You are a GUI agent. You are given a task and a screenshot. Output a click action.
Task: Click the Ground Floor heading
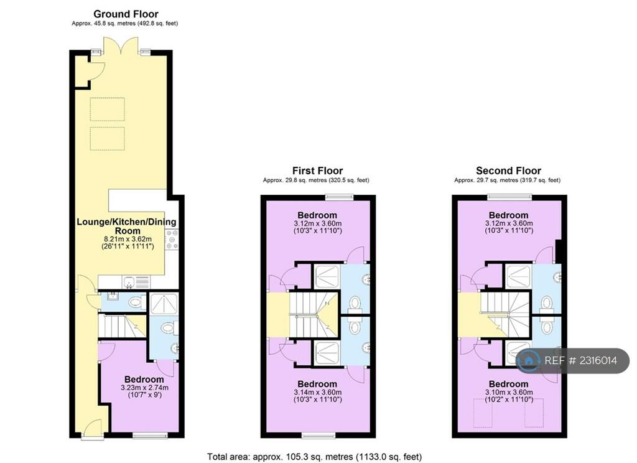[x=126, y=14]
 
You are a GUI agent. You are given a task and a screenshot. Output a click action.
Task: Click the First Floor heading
[x=318, y=171]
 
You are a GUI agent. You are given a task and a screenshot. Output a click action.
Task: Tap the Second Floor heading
[x=509, y=171]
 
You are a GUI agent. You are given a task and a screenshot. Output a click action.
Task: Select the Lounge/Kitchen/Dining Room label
[x=126, y=226]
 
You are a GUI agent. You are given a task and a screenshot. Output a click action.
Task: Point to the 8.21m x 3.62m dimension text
[x=128, y=239]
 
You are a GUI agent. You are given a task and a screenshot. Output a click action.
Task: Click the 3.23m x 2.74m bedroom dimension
[x=144, y=388]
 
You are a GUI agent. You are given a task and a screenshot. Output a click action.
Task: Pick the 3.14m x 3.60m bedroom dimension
[x=318, y=392]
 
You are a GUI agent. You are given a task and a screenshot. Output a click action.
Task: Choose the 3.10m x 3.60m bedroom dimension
[x=509, y=392]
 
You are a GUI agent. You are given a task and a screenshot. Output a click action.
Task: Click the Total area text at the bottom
[x=314, y=457]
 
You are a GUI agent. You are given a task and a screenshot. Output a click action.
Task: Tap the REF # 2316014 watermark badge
[x=573, y=360]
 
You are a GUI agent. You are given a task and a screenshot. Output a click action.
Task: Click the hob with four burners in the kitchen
[x=172, y=240]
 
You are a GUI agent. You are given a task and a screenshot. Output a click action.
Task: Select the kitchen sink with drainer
[x=136, y=281]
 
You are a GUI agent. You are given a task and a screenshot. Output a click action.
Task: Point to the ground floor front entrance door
[x=93, y=429]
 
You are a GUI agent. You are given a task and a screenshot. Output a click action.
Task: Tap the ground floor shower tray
[x=164, y=304]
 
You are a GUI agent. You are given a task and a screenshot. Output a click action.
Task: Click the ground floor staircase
[x=122, y=325]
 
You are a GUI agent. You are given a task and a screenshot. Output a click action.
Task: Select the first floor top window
[x=339, y=197]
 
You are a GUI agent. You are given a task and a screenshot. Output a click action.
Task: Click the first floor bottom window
[x=319, y=436]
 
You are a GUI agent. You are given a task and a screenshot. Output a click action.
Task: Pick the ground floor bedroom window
[x=151, y=436]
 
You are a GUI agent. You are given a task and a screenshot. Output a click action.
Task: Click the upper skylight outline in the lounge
[x=107, y=110]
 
